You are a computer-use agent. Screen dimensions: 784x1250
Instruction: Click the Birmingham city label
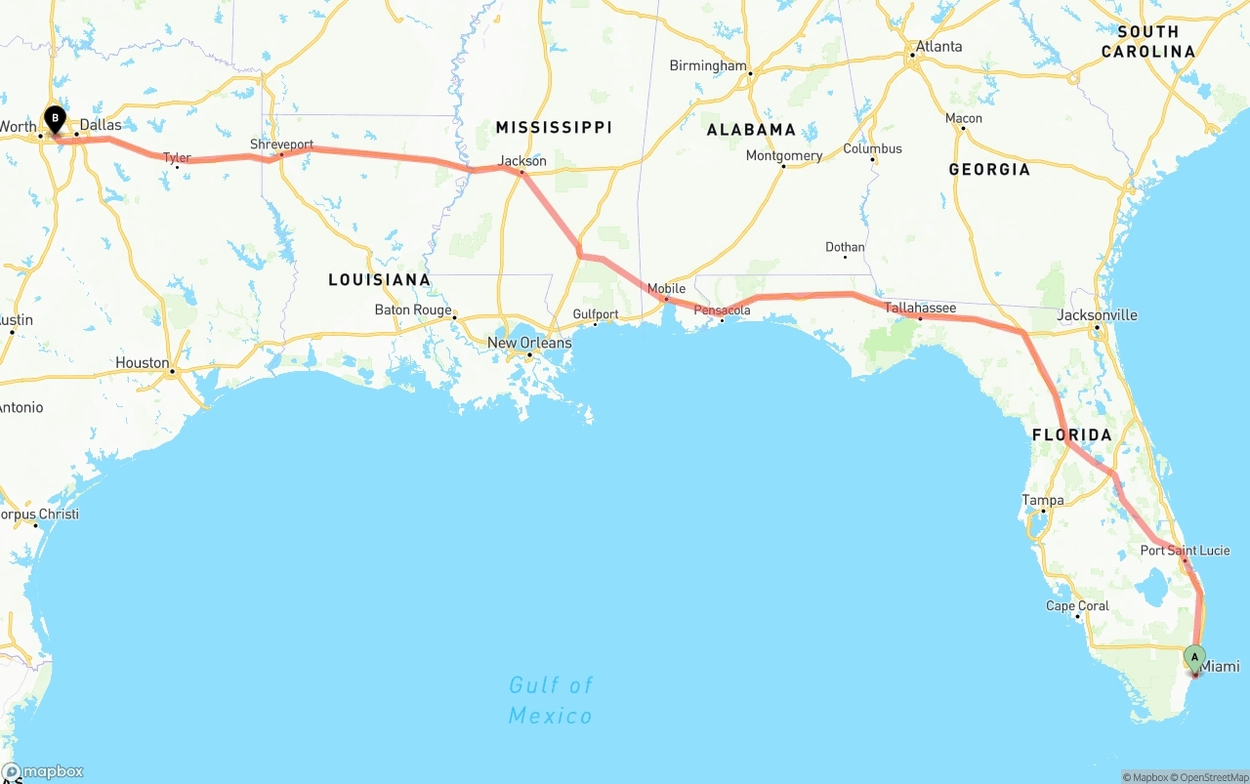click(707, 65)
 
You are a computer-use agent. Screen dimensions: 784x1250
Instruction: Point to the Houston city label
click(142, 362)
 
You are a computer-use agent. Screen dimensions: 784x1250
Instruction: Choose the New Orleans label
click(529, 343)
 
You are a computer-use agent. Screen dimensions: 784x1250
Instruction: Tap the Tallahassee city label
click(920, 308)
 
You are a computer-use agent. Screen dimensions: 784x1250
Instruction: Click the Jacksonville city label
click(1097, 314)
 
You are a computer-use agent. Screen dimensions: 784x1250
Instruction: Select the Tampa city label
click(1042, 500)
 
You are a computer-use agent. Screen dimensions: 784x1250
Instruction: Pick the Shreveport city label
click(281, 144)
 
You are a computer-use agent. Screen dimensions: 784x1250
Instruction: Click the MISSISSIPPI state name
click(554, 127)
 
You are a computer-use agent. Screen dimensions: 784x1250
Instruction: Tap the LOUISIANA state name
click(379, 280)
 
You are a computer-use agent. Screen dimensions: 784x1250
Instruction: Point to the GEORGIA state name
click(989, 170)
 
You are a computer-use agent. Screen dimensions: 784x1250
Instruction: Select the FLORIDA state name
click(1072, 434)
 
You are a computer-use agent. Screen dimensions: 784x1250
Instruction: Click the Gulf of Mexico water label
click(551, 700)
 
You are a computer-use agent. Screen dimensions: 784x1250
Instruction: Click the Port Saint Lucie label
click(1185, 551)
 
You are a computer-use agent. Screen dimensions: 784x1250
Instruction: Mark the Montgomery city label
click(783, 156)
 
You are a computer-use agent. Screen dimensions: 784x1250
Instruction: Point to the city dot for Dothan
click(845, 256)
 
